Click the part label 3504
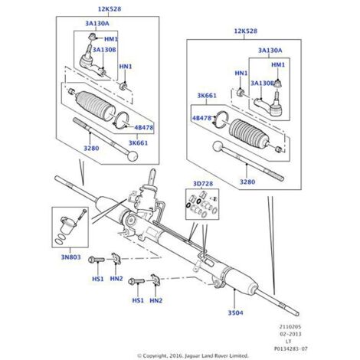point(235,313)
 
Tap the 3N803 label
point(70,257)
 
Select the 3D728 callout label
point(203,184)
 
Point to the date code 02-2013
point(291,334)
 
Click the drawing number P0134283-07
point(291,349)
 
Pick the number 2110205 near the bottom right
point(291,327)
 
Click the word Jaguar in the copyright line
point(192,355)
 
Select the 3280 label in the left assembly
point(91,148)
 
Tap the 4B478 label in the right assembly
point(201,118)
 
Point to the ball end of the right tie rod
point(218,146)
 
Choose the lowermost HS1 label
point(138,300)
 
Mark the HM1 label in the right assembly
point(278,65)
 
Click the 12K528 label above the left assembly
point(110,9)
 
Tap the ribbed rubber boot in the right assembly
point(250,133)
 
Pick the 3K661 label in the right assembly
point(207,96)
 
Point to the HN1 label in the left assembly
point(126,67)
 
